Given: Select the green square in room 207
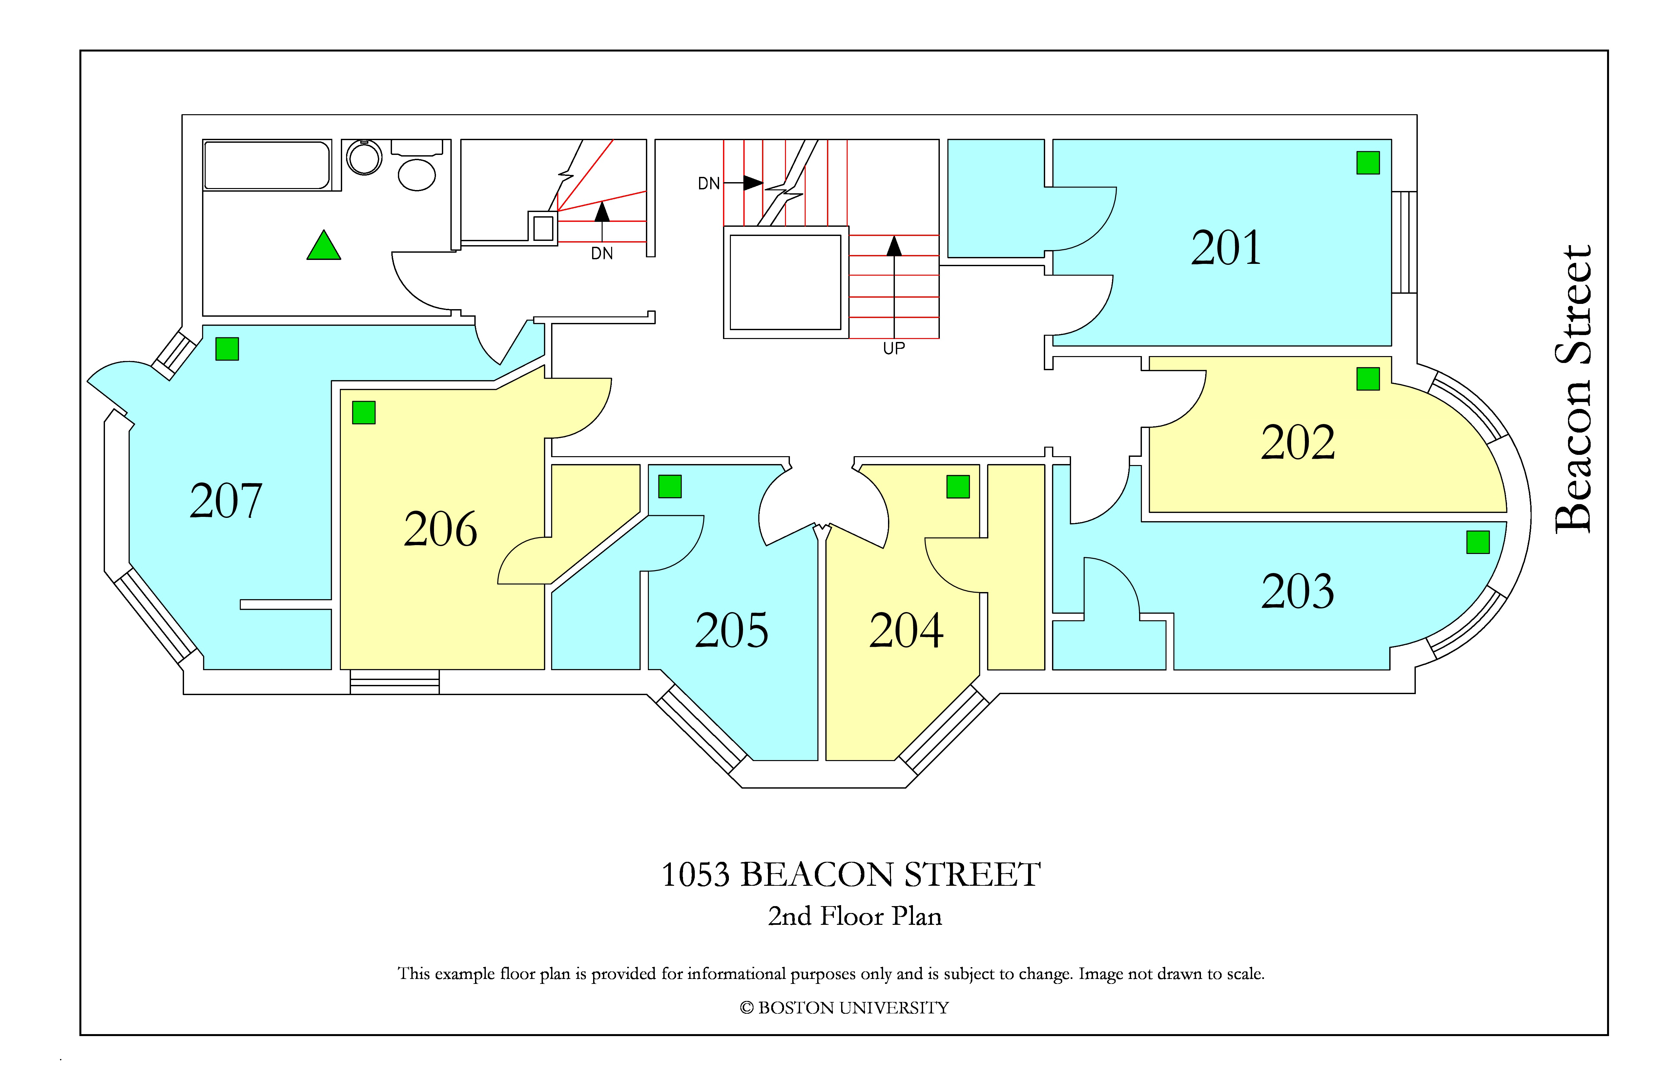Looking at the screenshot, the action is (x=227, y=349).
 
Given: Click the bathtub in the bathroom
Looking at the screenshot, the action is (x=267, y=165).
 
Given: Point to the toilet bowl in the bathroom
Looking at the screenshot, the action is (x=417, y=174).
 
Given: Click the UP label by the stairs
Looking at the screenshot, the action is (x=894, y=348).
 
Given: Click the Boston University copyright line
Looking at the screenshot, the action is (x=844, y=1008).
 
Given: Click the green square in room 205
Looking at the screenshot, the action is (x=670, y=487).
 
